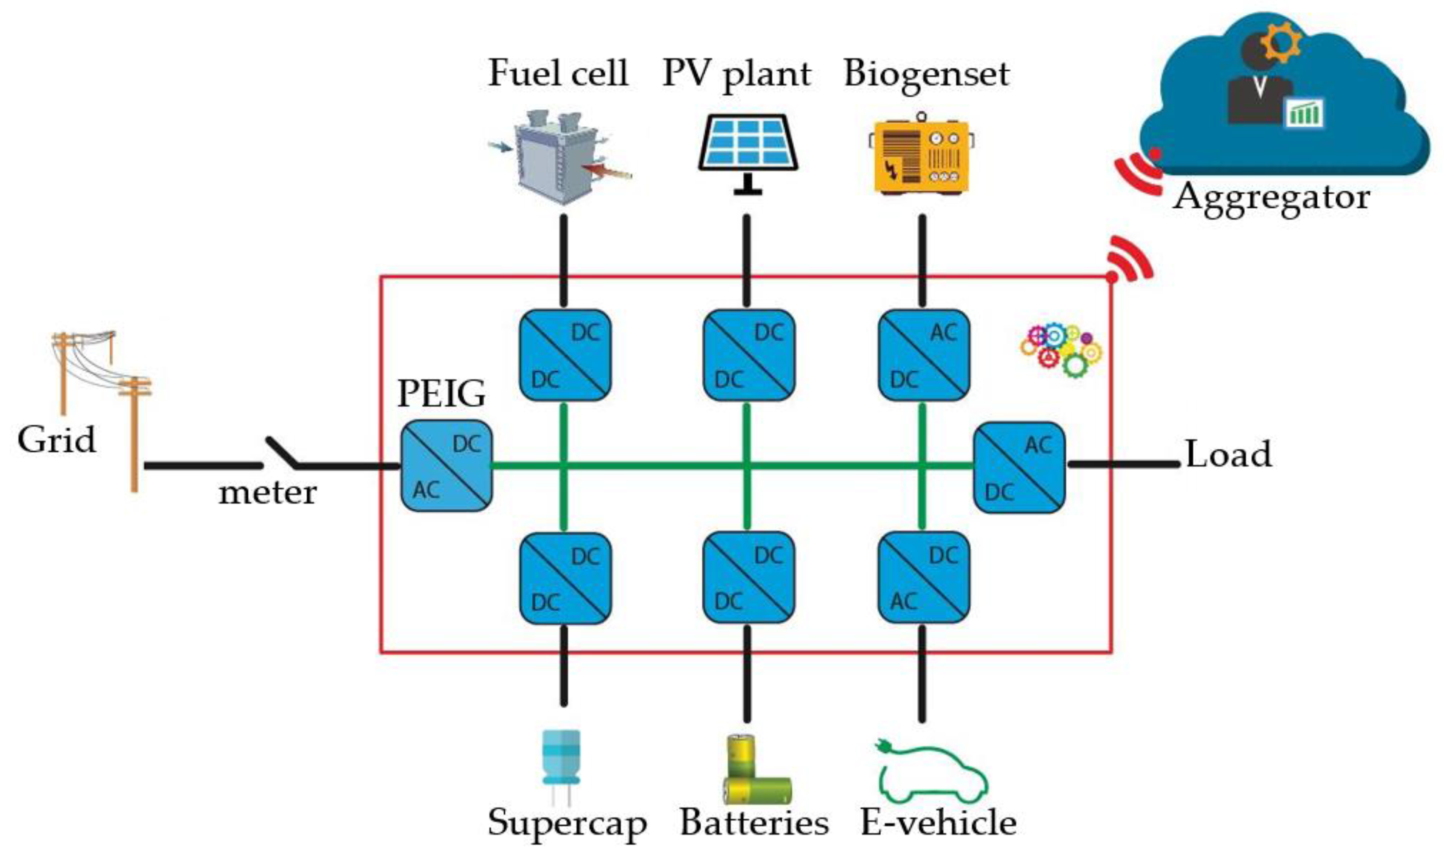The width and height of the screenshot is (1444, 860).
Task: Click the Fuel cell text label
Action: pyautogui.click(x=558, y=74)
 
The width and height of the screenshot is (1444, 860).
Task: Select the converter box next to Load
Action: pyautogui.click(x=1019, y=467)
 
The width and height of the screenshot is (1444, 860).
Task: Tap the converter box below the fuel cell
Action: pyautogui.click(x=565, y=355)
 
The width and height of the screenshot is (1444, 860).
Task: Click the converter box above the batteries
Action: pyautogui.click(x=748, y=578)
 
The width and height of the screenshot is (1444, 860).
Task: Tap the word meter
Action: pyautogui.click(x=267, y=494)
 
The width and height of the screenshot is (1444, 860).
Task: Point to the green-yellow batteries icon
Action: pyautogui.click(x=754, y=771)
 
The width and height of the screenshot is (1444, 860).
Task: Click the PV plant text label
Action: pyautogui.click(x=736, y=74)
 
